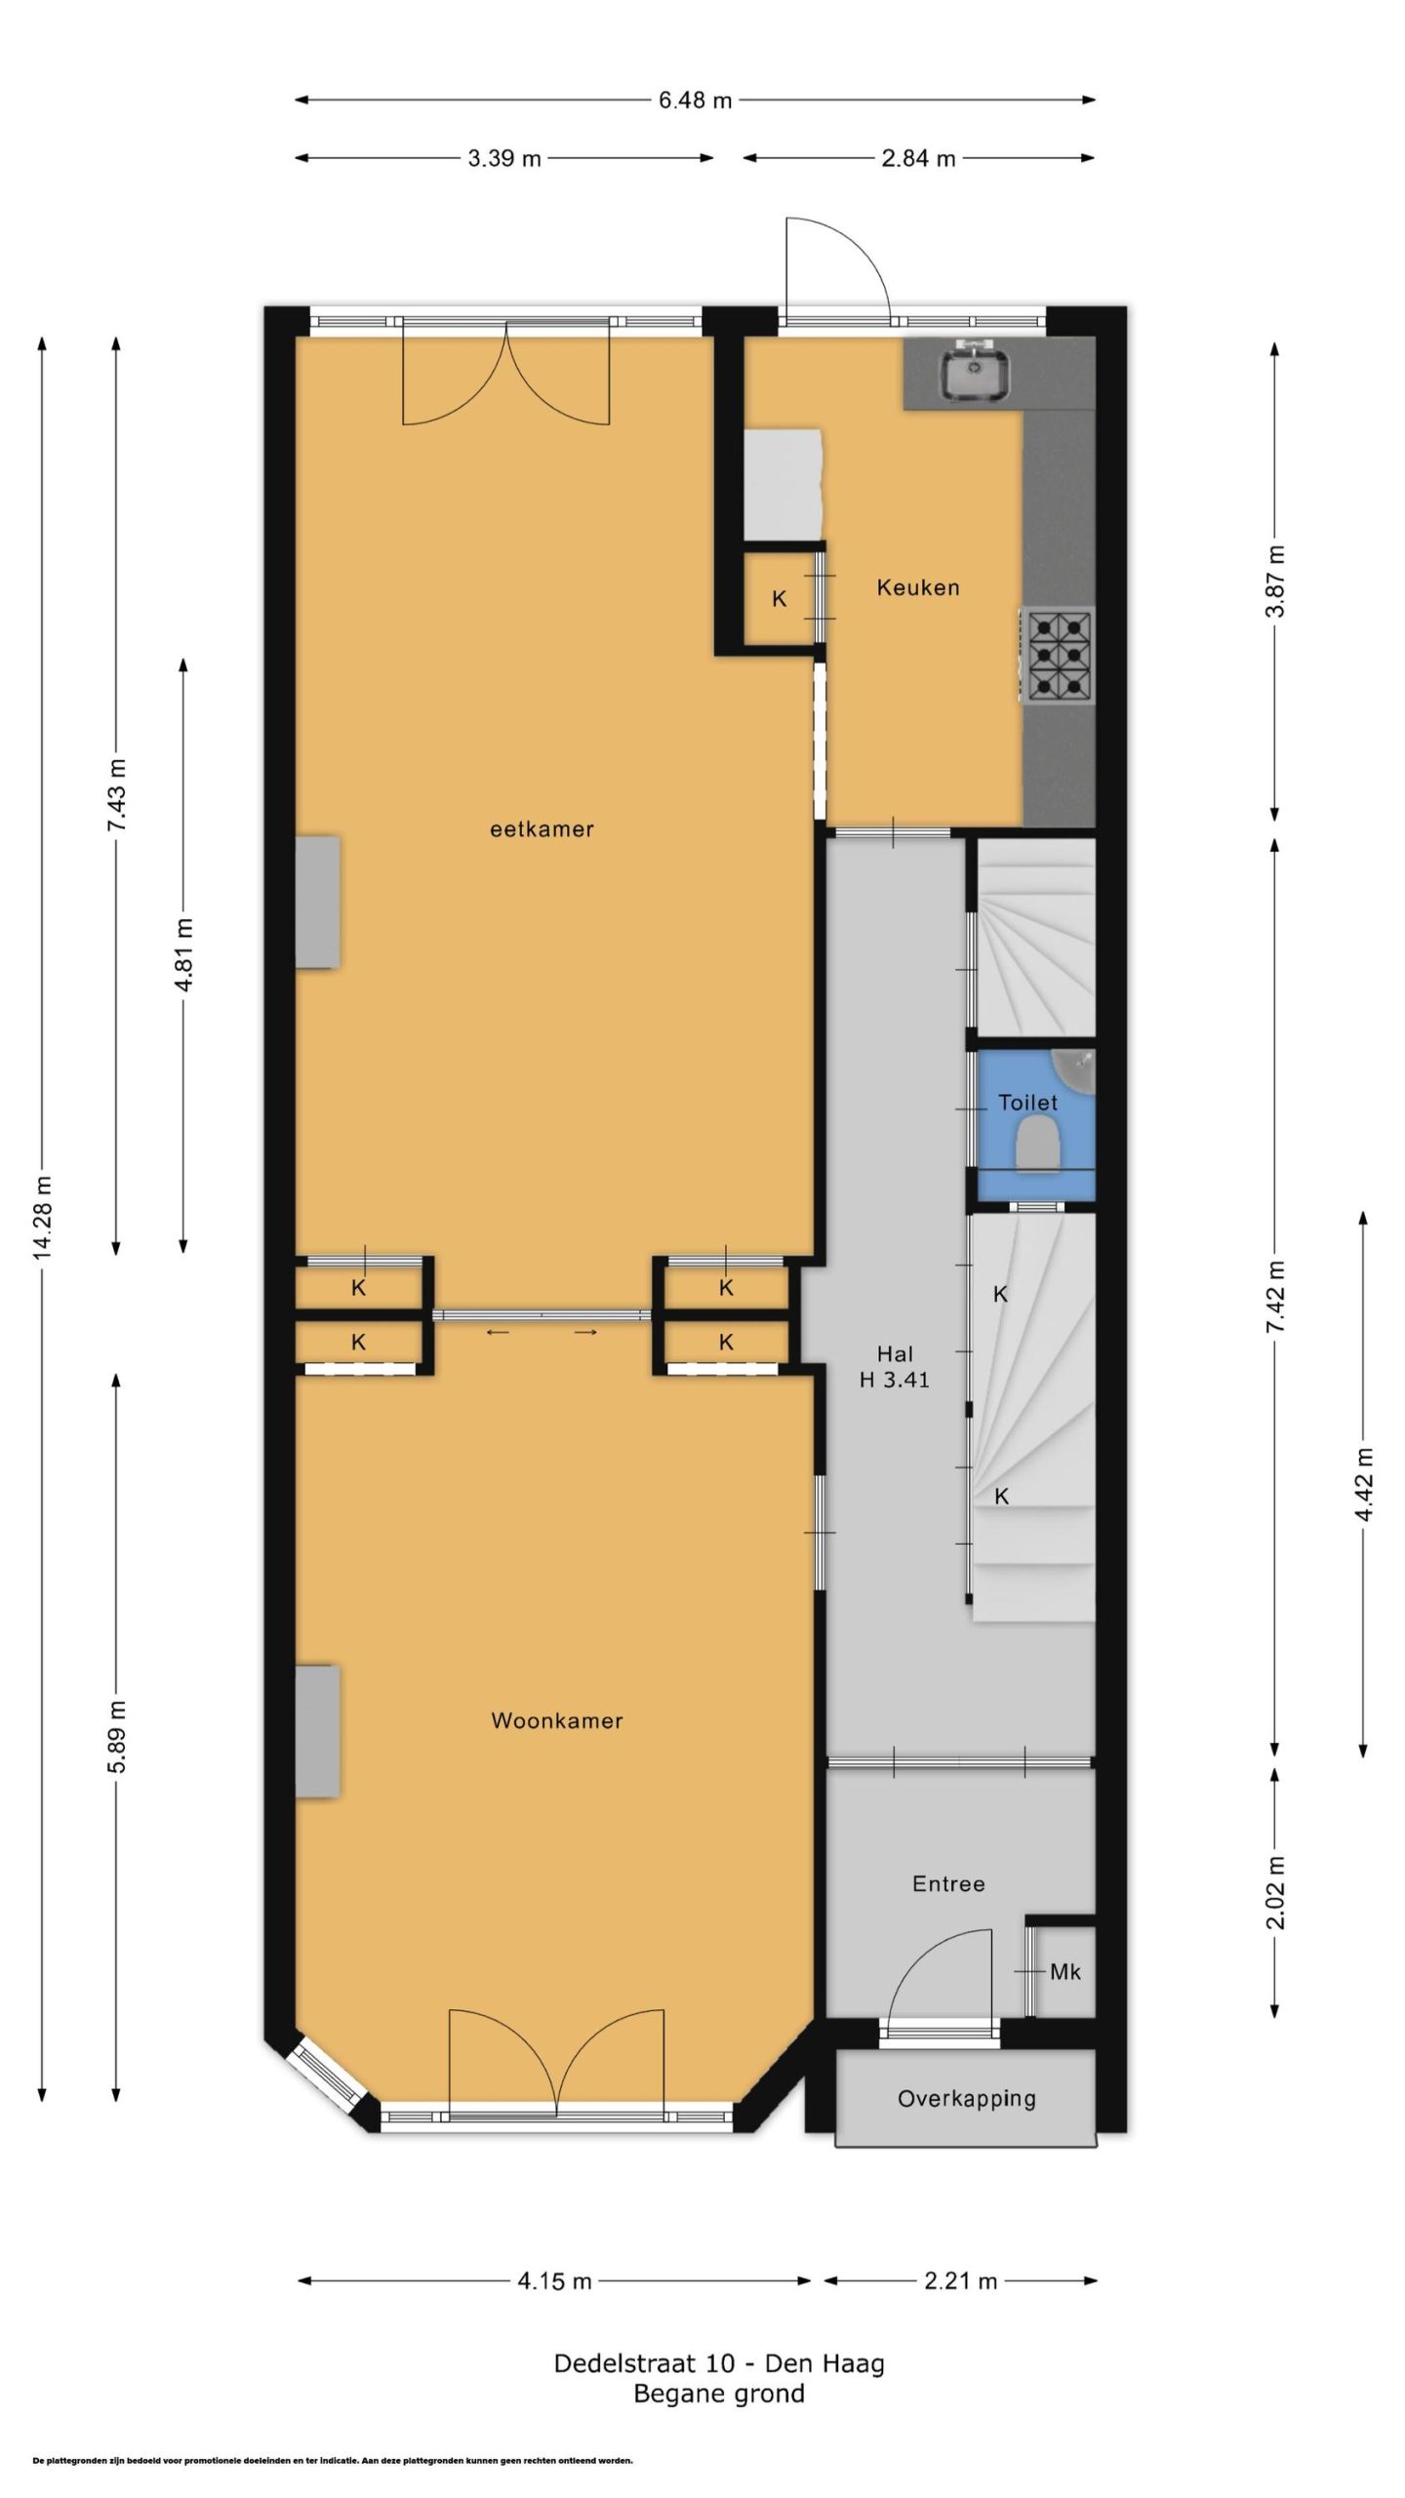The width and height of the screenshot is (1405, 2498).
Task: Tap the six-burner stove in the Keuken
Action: (x=1058, y=654)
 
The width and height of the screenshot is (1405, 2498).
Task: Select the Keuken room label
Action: (x=917, y=587)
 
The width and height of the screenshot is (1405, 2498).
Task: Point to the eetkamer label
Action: (x=542, y=829)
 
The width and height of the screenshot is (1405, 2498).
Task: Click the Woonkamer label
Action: (x=556, y=1720)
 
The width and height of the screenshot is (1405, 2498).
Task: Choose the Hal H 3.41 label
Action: (x=895, y=1366)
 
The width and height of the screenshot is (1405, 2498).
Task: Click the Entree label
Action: (x=948, y=1884)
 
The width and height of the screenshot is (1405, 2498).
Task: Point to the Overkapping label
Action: (x=966, y=2098)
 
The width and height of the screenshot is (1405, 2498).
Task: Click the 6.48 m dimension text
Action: (x=695, y=100)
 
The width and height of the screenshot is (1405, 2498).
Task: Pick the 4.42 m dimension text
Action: (x=1364, y=1483)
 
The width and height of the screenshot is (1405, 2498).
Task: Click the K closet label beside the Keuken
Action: (x=780, y=599)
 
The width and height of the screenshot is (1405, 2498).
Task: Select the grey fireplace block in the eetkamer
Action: (x=318, y=902)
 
